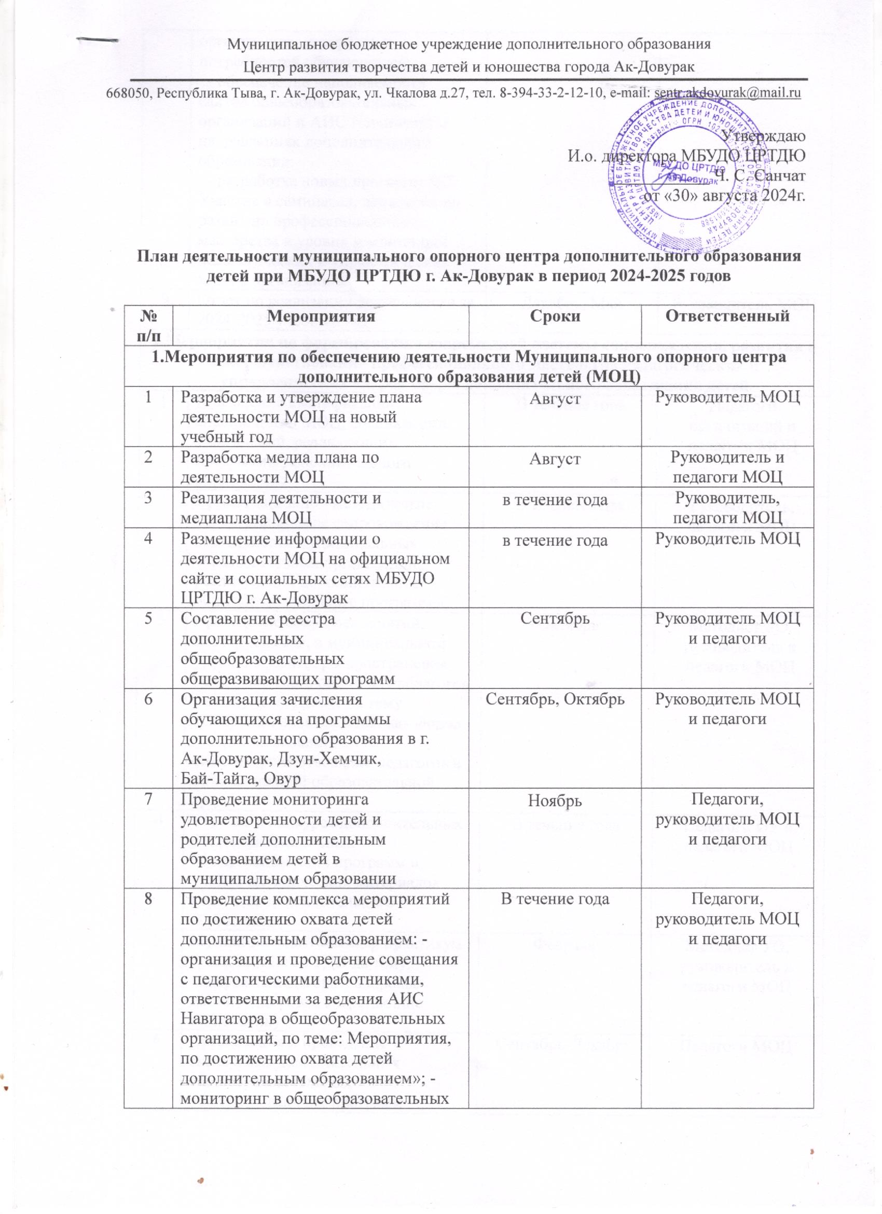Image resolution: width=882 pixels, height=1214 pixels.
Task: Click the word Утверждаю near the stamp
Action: click(762, 135)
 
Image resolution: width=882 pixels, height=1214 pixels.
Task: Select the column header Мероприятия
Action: click(321, 316)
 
